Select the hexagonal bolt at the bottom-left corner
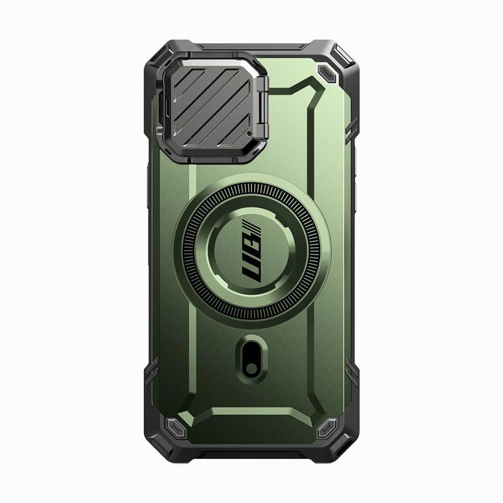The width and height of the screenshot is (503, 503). click(x=175, y=428)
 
